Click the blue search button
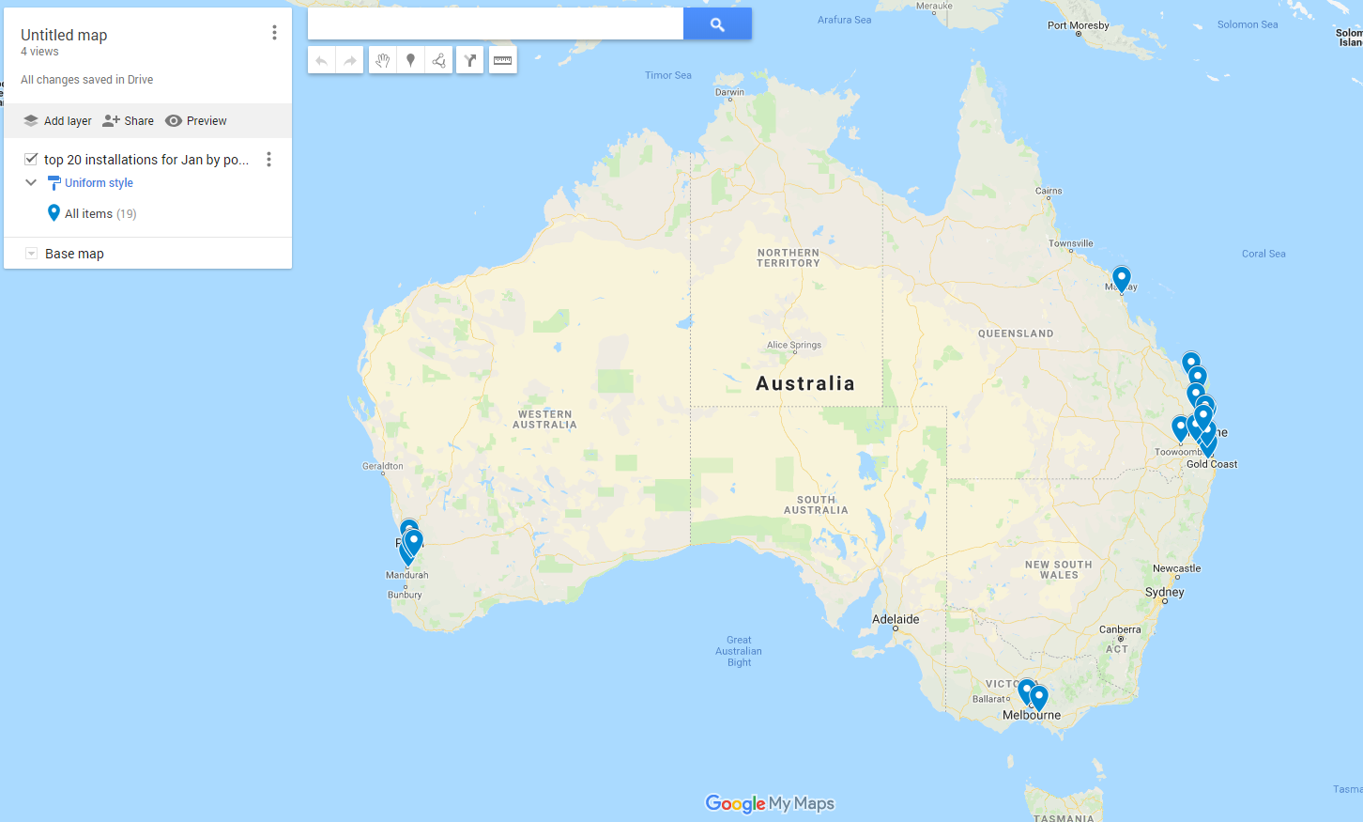pyautogui.click(x=717, y=24)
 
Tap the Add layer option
pyautogui.click(x=57, y=121)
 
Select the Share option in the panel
pyautogui.click(x=129, y=121)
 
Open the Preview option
pyautogui.click(x=196, y=121)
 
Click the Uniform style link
pyautogui.click(x=99, y=183)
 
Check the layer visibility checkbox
pyautogui.click(x=31, y=159)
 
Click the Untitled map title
pyautogui.click(x=64, y=35)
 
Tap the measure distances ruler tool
pyautogui.click(x=503, y=60)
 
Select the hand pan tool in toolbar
pyautogui.click(x=382, y=60)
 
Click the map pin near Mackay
pyautogui.click(x=1121, y=279)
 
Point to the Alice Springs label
pyautogui.click(x=794, y=345)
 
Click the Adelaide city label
pyautogui.click(x=896, y=619)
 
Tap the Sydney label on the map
pyautogui.click(x=1165, y=592)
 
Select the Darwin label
pyautogui.click(x=729, y=92)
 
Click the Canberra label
pyautogui.click(x=1120, y=629)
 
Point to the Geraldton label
pyautogui.click(x=383, y=466)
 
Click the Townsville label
pyautogui.click(x=1071, y=243)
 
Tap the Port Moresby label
pyautogui.click(x=1079, y=25)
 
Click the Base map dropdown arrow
pyautogui.click(x=31, y=254)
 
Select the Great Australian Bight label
pyautogui.click(x=739, y=651)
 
